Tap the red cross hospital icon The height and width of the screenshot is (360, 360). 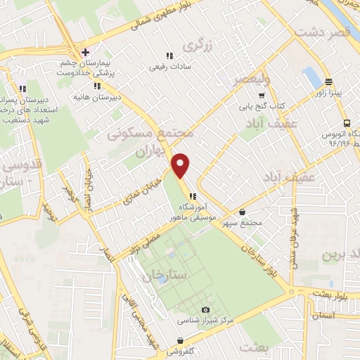85,52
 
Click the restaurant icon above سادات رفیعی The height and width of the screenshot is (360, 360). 169,56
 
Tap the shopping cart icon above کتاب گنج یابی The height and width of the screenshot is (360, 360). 262,95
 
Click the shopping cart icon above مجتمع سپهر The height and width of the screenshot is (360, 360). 243,212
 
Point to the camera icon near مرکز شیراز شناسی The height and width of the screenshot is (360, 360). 205,310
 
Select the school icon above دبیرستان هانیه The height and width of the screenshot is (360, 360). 97,86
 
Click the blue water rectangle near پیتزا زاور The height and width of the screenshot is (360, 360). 310,76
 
